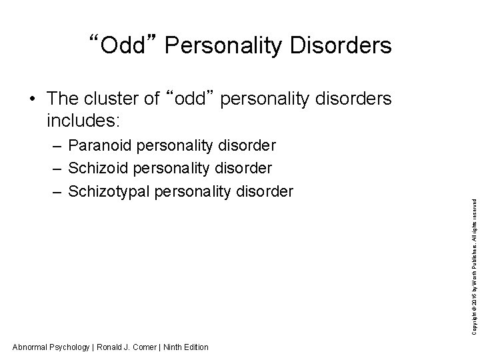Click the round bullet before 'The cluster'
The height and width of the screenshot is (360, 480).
tap(32, 99)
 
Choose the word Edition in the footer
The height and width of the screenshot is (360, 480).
tap(197, 347)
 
